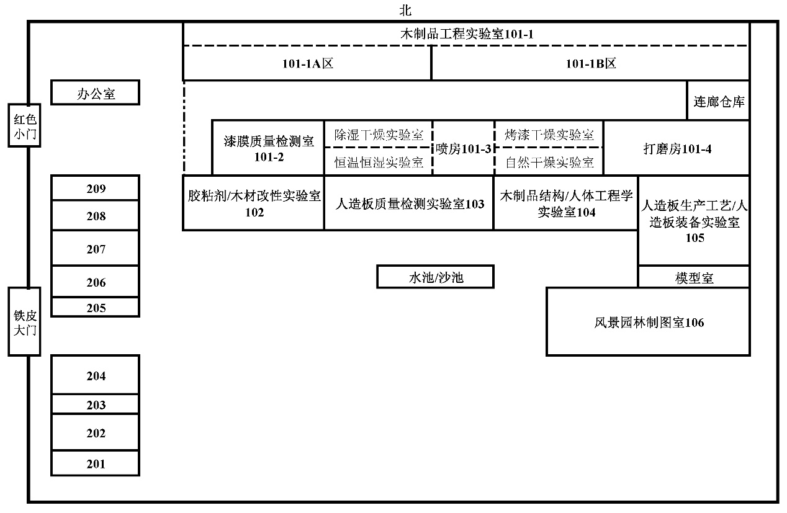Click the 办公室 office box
(x=95, y=94)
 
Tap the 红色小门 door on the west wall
(x=24, y=125)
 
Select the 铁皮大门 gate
(x=24, y=321)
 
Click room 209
(x=95, y=189)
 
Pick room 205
(x=95, y=307)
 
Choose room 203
(x=95, y=404)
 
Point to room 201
(x=95, y=463)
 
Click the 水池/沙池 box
(x=435, y=277)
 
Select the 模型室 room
(x=694, y=278)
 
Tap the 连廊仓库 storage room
(x=719, y=101)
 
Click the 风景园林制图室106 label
(x=649, y=322)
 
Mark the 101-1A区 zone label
(x=307, y=63)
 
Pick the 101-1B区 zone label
(x=590, y=63)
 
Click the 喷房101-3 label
(x=463, y=148)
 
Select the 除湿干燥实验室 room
(x=378, y=135)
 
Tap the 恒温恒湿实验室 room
(x=378, y=162)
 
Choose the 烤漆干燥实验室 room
(x=549, y=135)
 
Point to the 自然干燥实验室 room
(x=549, y=162)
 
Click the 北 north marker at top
(x=405, y=11)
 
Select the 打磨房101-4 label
(x=677, y=149)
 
